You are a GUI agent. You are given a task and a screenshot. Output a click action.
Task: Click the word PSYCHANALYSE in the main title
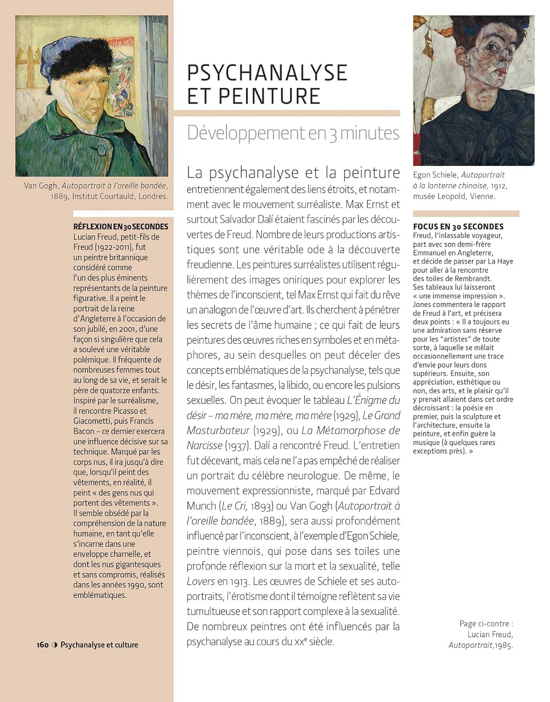click(267, 73)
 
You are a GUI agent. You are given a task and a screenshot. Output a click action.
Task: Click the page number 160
click(43, 645)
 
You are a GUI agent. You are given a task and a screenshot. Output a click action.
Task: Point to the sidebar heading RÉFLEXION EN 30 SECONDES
click(120, 227)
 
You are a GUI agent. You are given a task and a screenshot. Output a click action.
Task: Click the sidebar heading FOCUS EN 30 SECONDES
click(458, 227)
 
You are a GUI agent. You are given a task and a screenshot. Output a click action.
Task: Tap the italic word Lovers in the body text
click(201, 581)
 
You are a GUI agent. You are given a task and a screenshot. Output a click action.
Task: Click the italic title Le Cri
click(234, 506)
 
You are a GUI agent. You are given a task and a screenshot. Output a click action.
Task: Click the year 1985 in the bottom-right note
click(503, 645)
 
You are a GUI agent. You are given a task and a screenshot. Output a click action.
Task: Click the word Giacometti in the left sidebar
click(93, 421)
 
